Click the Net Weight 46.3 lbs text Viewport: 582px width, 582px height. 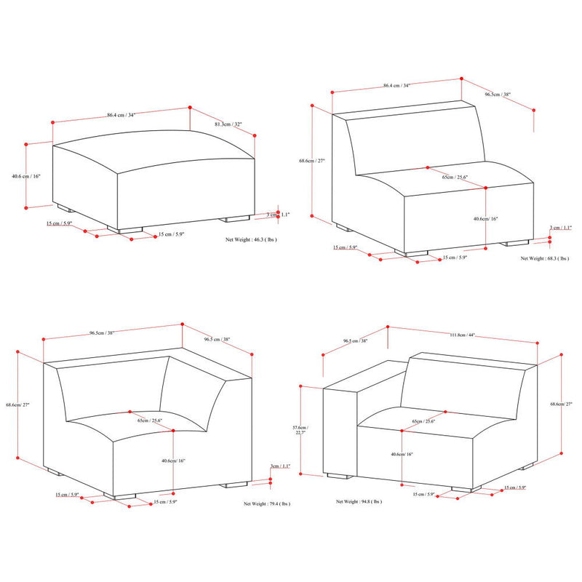[x=252, y=239]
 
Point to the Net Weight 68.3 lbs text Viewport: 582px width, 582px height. [x=545, y=258]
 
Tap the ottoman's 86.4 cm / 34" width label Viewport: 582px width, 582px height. [x=121, y=115]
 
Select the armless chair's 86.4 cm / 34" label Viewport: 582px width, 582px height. [x=396, y=86]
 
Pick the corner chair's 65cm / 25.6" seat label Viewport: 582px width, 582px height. [x=149, y=420]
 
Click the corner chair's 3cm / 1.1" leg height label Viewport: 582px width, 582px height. [x=279, y=466]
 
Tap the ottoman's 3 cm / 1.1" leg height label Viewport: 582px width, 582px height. [x=278, y=215]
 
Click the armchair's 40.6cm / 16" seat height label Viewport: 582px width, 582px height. [x=401, y=454]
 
